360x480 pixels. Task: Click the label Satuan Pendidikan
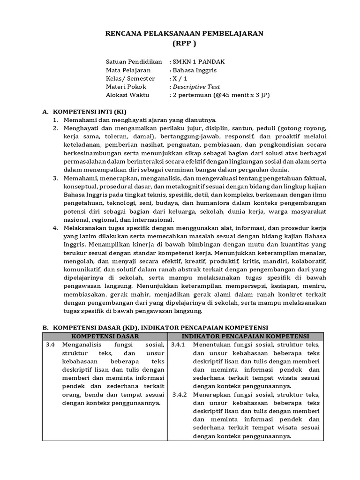tap(133, 62)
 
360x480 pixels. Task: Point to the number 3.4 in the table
tap(51, 345)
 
